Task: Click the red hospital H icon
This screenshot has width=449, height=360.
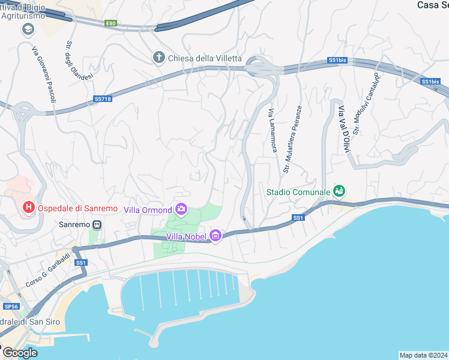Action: click(x=28, y=208)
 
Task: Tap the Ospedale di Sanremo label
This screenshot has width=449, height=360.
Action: click(x=77, y=208)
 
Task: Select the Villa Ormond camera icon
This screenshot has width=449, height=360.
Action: click(x=181, y=209)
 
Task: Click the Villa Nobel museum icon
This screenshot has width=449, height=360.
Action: click(x=215, y=237)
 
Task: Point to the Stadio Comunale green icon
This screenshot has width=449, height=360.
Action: click(x=340, y=191)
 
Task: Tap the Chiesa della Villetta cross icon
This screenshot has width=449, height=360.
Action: click(x=158, y=58)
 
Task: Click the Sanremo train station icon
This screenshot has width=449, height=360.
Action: click(x=97, y=225)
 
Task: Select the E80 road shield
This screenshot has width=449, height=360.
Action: click(x=110, y=23)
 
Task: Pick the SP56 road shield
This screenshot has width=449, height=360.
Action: click(x=11, y=306)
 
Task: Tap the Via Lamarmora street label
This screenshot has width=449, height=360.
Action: click(x=273, y=130)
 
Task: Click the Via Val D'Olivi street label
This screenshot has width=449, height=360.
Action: click(x=344, y=128)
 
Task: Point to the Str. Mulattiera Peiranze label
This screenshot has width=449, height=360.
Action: click(x=293, y=139)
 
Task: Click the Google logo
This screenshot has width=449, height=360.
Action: click(x=20, y=353)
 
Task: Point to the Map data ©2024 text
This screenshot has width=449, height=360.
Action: click(x=424, y=355)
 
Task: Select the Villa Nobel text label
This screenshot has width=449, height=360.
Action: click(x=187, y=237)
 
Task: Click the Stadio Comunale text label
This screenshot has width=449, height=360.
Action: click(x=298, y=192)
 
